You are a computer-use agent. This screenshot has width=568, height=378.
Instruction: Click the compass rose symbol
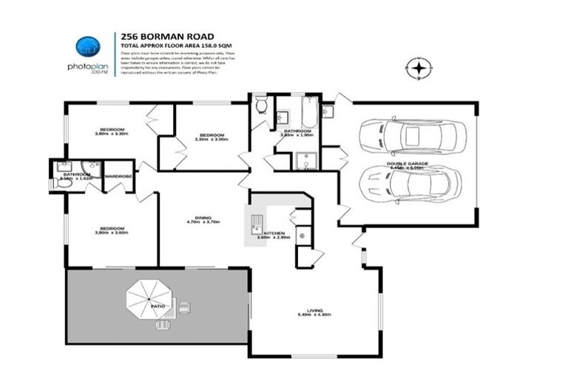419,69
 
